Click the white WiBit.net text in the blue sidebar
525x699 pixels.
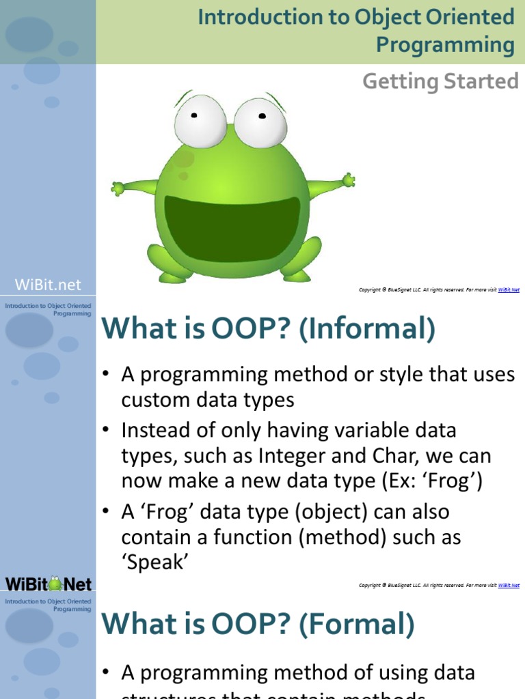pyautogui.click(x=48, y=285)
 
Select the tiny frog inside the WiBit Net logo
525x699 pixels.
pyautogui.click(x=55, y=584)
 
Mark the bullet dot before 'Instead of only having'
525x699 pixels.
pyautogui.click(x=106, y=431)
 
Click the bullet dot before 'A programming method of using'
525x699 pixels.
pyautogui.click(x=106, y=673)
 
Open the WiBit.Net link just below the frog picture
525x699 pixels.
pyautogui.click(x=509, y=290)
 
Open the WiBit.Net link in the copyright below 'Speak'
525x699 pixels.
pyautogui.click(x=509, y=586)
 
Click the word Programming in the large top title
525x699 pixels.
pyautogui.click(x=445, y=45)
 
